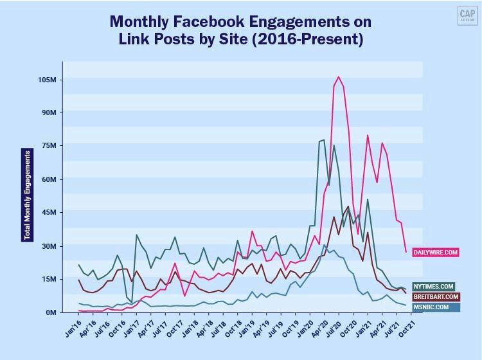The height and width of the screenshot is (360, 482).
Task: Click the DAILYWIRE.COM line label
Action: (x=435, y=253)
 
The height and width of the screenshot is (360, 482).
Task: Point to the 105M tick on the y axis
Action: (x=48, y=80)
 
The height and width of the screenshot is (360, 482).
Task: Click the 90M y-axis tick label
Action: (x=49, y=113)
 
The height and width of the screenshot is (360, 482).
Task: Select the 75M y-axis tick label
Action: (x=49, y=146)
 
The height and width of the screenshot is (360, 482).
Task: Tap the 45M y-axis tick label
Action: (x=49, y=213)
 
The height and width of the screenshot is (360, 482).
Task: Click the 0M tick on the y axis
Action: (x=51, y=312)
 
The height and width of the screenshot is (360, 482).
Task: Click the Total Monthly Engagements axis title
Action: (x=27, y=195)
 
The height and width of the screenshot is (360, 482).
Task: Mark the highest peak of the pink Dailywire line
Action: (x=339, y=77)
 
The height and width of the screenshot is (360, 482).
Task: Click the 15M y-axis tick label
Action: (x=49, y=280)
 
